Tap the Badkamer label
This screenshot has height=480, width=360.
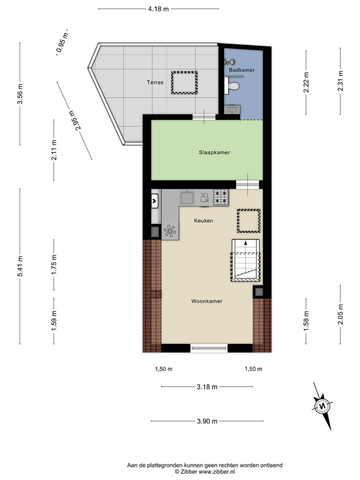(241, 70)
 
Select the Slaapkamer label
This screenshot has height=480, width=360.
(214, 152)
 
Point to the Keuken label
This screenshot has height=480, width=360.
(203, 220)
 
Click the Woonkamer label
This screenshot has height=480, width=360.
(206, 301)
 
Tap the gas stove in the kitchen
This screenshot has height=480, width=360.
(221, 198)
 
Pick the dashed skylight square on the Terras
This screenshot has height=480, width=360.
(184, 83)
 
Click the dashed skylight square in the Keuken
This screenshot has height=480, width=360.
(248, 221)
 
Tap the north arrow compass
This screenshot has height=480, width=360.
(322, 405)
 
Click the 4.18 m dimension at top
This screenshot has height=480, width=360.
(158, 8)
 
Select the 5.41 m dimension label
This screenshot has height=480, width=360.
(20, 266)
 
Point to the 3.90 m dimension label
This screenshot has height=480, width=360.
(207, 421)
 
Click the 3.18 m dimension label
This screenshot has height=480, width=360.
(207, 386)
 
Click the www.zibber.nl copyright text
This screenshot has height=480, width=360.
(204, 471)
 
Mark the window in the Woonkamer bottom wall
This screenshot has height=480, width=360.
(209, 348)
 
